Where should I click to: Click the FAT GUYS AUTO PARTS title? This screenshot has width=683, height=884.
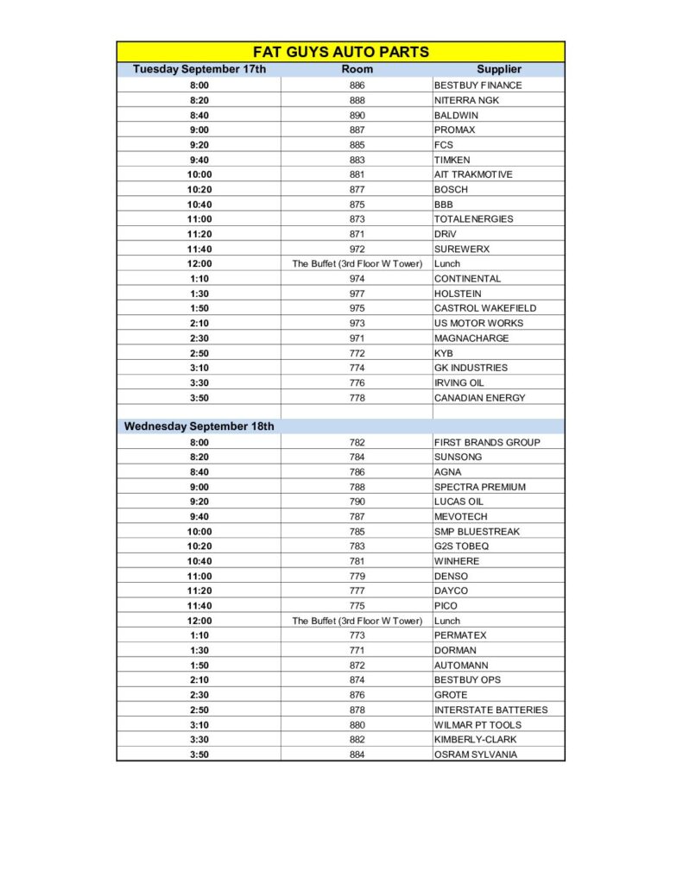click(x=340, y=52)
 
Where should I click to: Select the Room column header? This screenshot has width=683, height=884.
click(x=357, y=69)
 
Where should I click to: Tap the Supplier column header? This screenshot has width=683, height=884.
click(x=498, y=69)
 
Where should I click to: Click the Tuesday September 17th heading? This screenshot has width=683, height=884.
click(x=199, y=69)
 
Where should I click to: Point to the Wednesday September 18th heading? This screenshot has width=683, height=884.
click(x=199, y=426)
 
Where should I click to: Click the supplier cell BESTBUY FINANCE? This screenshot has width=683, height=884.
click(x=477, y=85)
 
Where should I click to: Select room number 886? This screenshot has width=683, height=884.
click(x=357, y=85)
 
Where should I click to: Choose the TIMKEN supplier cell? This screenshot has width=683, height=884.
click(x=452, y=160)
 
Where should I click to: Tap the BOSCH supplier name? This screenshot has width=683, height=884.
click(x=451, y=189)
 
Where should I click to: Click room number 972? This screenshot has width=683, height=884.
click(x=357, y=249)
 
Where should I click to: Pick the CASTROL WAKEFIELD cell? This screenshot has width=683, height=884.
click(x=484, y=308)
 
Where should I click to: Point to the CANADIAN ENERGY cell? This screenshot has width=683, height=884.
click(x=479, y=398)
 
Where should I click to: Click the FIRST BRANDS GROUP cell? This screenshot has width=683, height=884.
click(x=487, y=442)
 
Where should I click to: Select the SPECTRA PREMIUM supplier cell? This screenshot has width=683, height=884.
click(x=479, y=487)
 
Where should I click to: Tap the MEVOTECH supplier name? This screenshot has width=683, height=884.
click(x=460, y=516)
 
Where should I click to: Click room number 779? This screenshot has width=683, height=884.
click(x=357, y=576)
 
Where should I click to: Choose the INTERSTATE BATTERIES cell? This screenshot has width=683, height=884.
click(x=490, y=710)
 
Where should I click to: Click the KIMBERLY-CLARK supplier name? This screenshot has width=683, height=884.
click(x=477, y=740)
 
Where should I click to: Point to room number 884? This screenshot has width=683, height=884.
click(x=357, y=755)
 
